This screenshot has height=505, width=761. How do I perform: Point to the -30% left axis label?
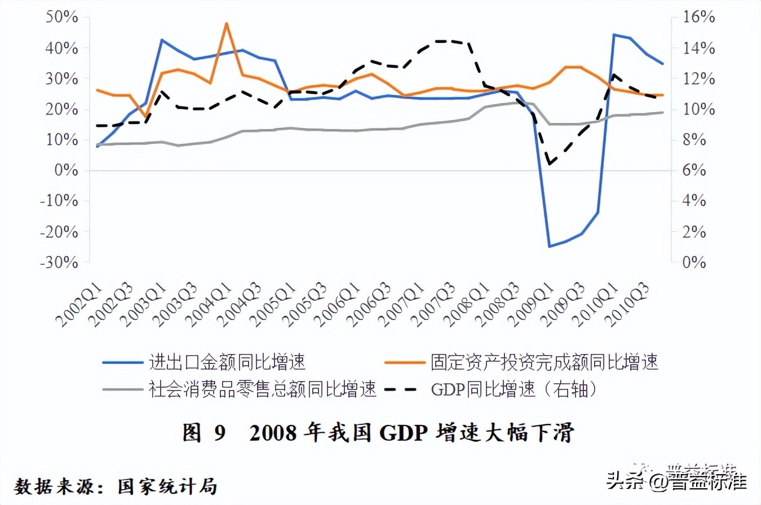pos(59,263)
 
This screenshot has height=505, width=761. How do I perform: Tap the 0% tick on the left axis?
pos(67,170)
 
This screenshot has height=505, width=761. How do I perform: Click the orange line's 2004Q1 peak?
pos(226,24)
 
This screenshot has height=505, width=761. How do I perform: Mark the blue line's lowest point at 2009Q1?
pos(548,246)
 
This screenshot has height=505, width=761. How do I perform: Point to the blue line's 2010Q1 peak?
pos(613,35)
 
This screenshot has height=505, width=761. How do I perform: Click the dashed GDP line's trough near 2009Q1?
pos(548,164)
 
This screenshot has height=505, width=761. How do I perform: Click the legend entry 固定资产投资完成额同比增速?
pos(544,362)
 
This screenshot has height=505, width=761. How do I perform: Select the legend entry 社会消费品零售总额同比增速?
pos(262,389)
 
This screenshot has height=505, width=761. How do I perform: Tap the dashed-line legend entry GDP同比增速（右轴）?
pos(513,389)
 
